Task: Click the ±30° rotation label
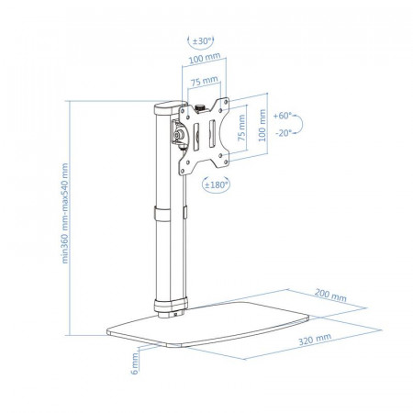point(203,41)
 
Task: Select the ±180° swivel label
point(217,184)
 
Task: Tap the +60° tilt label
point(283,116)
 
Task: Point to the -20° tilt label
point(284,133)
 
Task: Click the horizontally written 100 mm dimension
point(205,58)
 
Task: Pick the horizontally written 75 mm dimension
point(205,81)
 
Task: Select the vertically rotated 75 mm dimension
point(241,128)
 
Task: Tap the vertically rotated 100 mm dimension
point(262,126)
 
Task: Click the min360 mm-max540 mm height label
point(65,213)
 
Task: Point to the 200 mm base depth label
point(330,295)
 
